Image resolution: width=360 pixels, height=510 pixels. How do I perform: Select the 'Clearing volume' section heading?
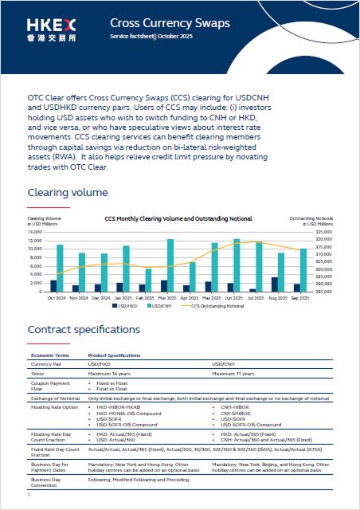[67, 193]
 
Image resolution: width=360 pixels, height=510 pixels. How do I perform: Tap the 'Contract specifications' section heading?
[84, 329]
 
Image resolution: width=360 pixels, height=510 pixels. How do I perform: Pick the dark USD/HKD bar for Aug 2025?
[275, 284]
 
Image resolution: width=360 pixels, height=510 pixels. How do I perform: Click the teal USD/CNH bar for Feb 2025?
[148, 280]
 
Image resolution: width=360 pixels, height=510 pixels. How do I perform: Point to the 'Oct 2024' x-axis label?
[57, 296]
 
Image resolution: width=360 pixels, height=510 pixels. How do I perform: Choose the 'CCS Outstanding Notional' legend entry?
[218, 304]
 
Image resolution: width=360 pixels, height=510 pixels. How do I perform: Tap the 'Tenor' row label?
[38, 373]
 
